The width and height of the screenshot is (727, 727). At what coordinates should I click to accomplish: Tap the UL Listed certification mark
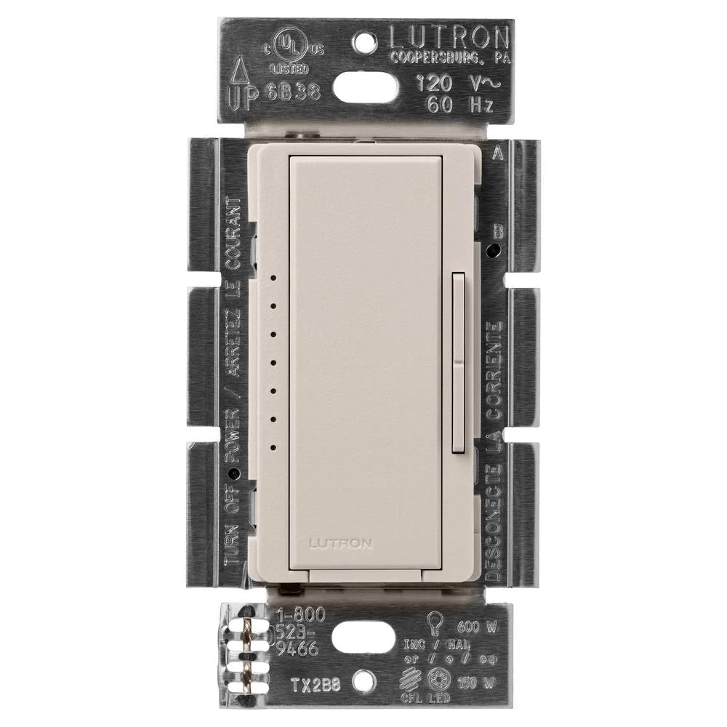coord(290,49)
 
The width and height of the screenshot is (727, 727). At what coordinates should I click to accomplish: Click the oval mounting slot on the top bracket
coord(365,89)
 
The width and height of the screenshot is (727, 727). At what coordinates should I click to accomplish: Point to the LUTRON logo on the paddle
coord(340,542)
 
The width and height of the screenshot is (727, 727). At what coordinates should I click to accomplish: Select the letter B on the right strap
coord(498,232)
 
